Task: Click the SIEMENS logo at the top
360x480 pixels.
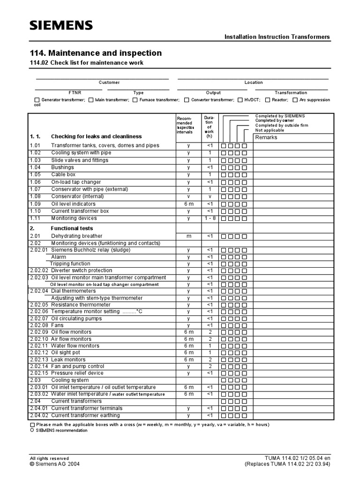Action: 61,25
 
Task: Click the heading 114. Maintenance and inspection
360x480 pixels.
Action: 96,53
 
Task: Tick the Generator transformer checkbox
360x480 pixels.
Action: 37,100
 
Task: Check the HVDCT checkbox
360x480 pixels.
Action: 240,100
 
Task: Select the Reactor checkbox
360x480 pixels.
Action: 267,100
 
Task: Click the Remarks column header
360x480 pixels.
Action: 266,137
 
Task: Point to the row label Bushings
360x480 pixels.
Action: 62,167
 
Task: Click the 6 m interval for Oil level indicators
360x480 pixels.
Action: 188,204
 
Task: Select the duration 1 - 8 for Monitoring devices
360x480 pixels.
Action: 210,218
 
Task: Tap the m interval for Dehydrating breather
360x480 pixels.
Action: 188,236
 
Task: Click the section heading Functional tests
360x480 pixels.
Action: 71,228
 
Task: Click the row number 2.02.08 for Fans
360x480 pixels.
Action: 39,325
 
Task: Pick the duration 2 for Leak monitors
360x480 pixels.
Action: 210,360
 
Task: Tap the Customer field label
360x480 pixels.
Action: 109,82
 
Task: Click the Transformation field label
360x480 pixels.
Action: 291,93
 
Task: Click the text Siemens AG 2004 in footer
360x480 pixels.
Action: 55,464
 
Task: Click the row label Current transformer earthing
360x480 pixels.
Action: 85,415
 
